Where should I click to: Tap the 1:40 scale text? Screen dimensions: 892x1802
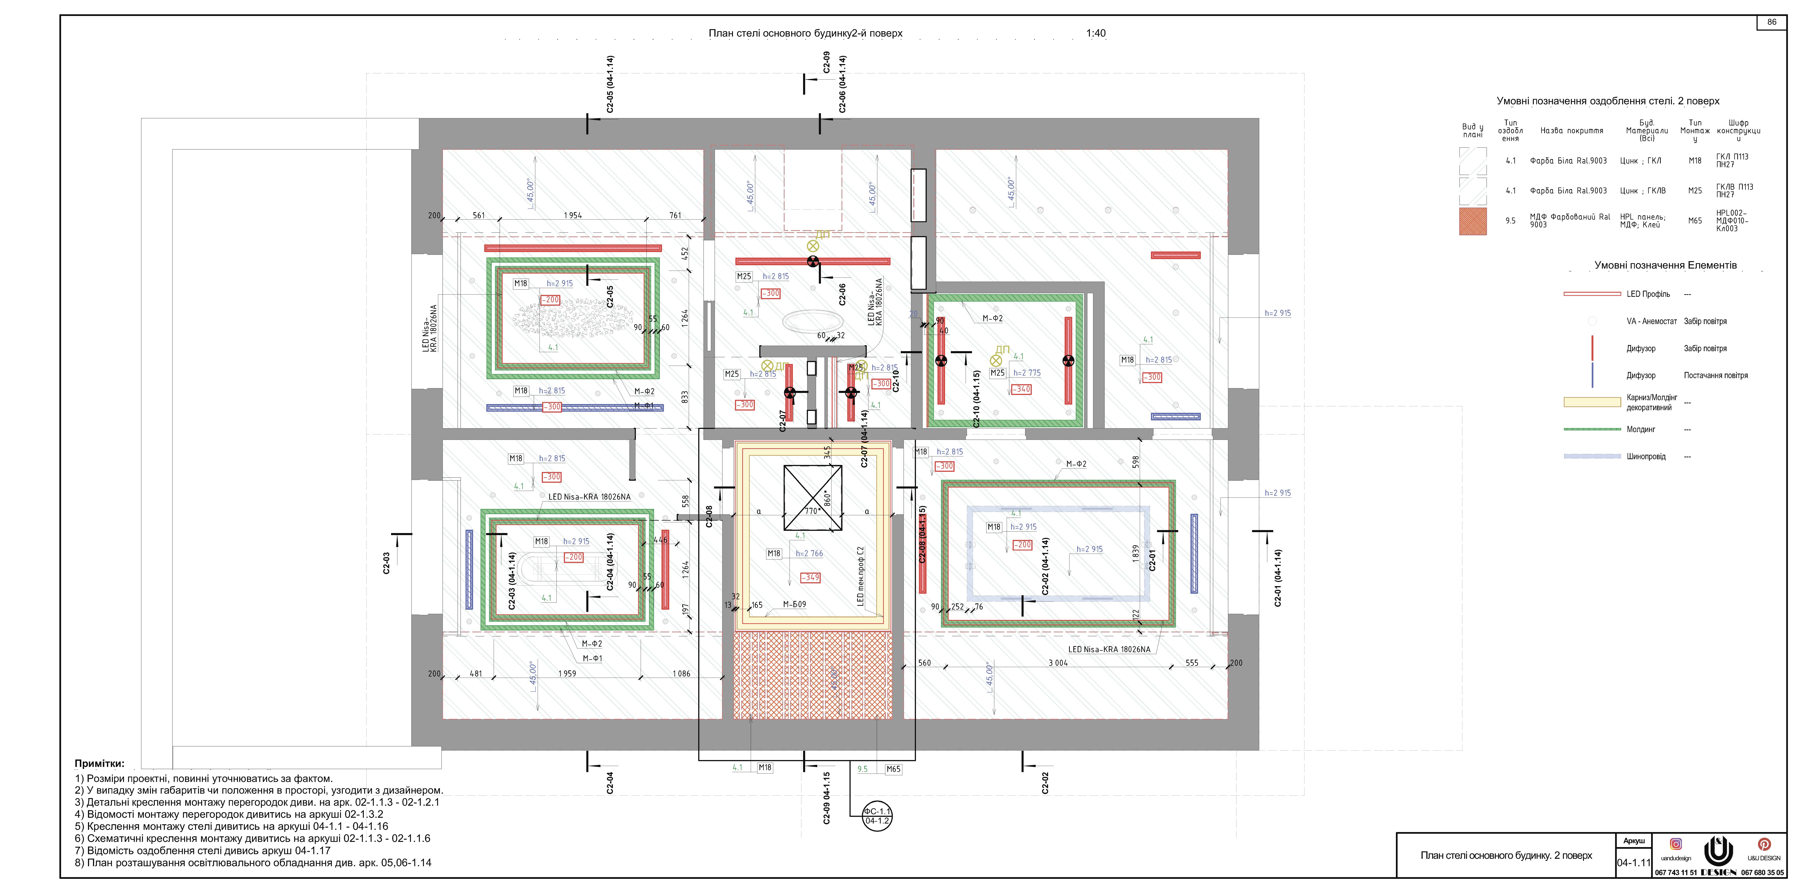pyautogui.click(x=1095, y=33)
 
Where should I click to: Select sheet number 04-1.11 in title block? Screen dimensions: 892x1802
pyautogui.click(x=1633, y=863)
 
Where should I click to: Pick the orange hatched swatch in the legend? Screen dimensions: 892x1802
pyautogui.click(x=1473, y=221)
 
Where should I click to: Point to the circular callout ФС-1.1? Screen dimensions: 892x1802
pyautogui.click(x=877, y=816)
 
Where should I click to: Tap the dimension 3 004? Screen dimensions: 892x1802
pyautogui.click(x=1058, y=663)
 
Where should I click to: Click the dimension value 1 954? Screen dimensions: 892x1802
pyautogui.click(x=572, y=215)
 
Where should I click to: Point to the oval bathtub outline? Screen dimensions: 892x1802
pyautogui.click(x=811, y=322)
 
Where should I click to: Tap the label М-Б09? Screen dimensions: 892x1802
pyautogui.click(x=794, y=605)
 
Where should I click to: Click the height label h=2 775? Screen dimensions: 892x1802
pyautogui.click(x=1026, y=373)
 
